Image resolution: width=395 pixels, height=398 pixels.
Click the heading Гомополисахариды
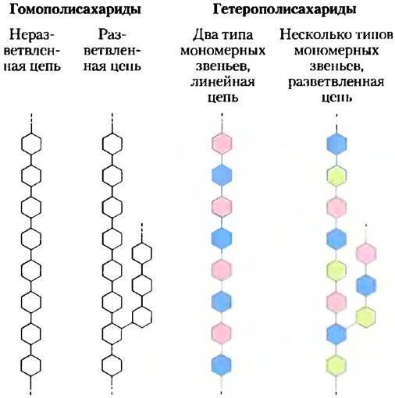click(76, 10)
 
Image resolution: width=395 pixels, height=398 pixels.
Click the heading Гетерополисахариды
click(284, 10)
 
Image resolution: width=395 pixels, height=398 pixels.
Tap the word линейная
click(222, 82)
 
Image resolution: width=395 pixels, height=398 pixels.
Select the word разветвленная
click(336, 82)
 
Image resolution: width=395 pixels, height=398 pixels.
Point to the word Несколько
click(312, 34)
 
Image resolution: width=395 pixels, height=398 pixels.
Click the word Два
click(204, 35)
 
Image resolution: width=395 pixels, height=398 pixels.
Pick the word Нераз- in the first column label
click(33, 34)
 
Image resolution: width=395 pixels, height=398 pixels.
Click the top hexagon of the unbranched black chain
click(31, 144)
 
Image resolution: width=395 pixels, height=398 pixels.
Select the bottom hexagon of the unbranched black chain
click(31, 365)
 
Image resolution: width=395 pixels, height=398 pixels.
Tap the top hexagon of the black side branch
click(142, 253)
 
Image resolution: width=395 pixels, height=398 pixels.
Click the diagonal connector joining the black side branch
click(127, 325)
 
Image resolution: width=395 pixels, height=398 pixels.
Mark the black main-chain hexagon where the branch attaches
click(112, 334)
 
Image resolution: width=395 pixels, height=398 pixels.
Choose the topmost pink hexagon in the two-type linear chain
click(222, 144)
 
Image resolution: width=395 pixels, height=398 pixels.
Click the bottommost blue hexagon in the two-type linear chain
click(222, 365)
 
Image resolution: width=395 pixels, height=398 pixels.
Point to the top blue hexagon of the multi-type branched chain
click(336, 144)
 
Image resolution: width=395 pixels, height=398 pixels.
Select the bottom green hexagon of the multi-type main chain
click(336, 365)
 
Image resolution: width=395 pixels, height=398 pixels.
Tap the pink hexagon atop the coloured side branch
click(366, 253)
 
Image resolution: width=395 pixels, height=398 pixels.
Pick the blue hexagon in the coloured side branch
click(366, 285)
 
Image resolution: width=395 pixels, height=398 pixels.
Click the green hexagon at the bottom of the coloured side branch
click(365, 316)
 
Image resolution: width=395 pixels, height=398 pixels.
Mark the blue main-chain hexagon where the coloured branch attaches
click(336, 334)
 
